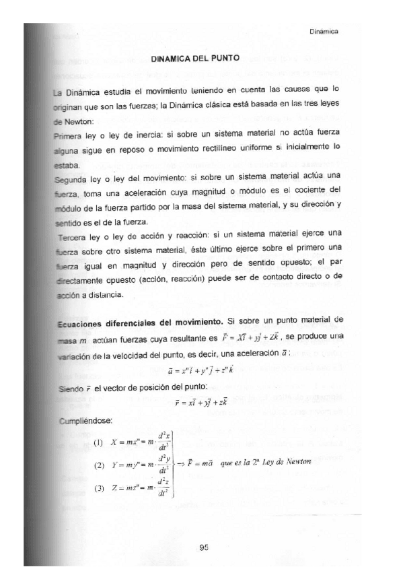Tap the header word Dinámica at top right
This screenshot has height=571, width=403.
[323, 31]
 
